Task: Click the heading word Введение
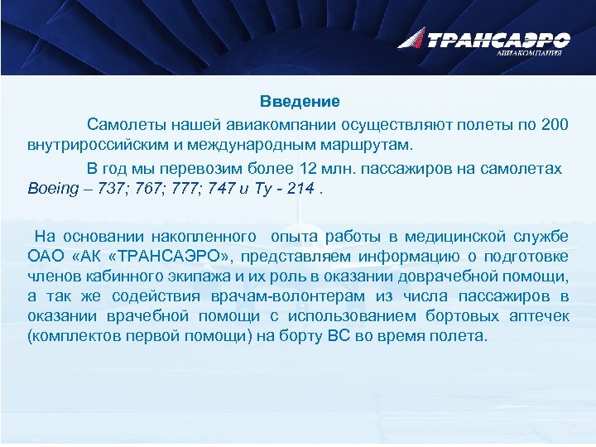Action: [x=300, y=102]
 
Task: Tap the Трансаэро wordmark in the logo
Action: [x=497, y=39]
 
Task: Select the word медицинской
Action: [x=465, y=235]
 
